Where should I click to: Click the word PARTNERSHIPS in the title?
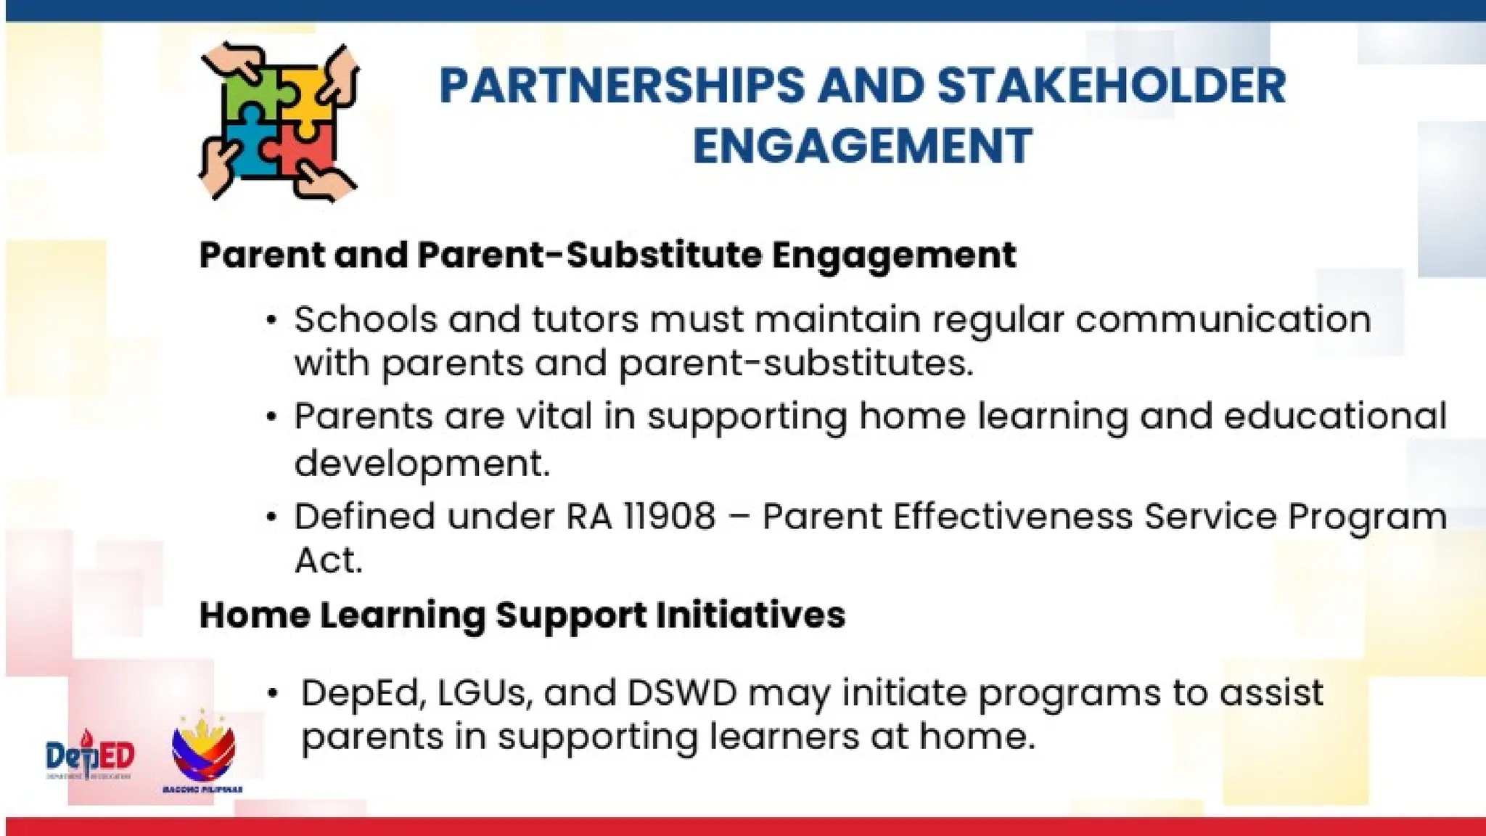(622, 86)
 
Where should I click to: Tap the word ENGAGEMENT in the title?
(862, 146)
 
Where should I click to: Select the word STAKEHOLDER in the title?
(1111, 86)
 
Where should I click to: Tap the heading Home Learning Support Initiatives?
(522, 615)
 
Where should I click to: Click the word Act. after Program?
(328, 560)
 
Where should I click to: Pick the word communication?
(1223, 319)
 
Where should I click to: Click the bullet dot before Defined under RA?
(271, 517)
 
